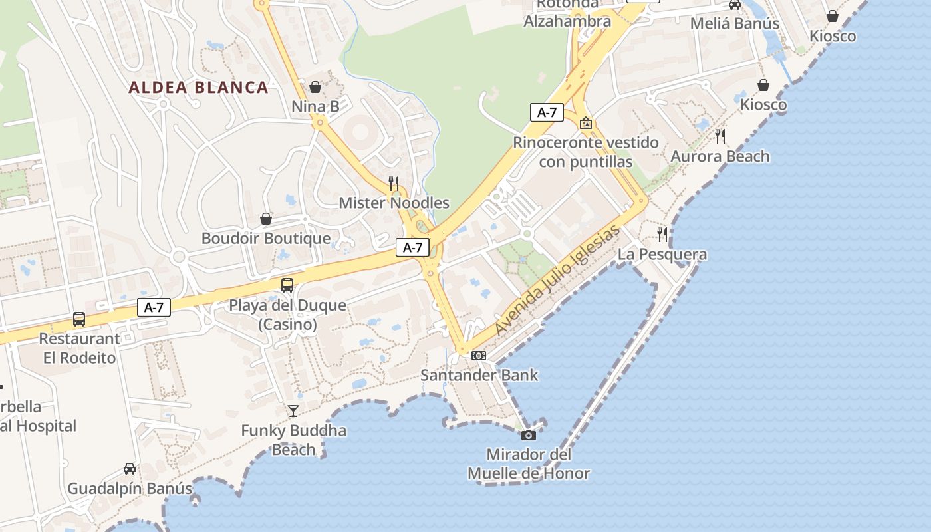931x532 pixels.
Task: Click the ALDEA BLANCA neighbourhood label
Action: (x=198, y=88)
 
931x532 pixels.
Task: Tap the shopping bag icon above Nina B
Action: (x=315, y=87)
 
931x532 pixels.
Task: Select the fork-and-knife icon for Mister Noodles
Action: (x=394, y=184)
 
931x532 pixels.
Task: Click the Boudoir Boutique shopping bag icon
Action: (x=266, y=219)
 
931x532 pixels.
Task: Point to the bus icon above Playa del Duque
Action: (x=287, y=285)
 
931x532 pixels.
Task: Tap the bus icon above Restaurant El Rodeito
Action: (x=79, y=319)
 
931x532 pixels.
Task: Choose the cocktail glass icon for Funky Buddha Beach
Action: (x=293, y=410)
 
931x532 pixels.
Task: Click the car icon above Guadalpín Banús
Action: (x=130, y=469)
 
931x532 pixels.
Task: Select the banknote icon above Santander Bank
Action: (x=479, y=356)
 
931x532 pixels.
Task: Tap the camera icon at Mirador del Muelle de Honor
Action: (x=529, y=435)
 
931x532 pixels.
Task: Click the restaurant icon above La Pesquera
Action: (x=662, y=234)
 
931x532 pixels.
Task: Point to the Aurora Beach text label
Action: (x=720, y=156)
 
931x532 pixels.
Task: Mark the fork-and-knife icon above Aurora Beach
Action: (x=720, y=136)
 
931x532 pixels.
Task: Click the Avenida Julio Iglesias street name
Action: (x=557, y=280)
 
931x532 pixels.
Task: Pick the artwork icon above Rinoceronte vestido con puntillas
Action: (x=586, y=123)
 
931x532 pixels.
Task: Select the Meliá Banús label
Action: (x=735, y=23)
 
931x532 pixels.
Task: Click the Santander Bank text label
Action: (x=479, y=375)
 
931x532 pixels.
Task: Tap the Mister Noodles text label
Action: (x=394, y=203)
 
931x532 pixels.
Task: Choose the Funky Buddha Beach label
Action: (x=293, y=440)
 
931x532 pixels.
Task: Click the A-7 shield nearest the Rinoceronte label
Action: (x=547, y=112)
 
